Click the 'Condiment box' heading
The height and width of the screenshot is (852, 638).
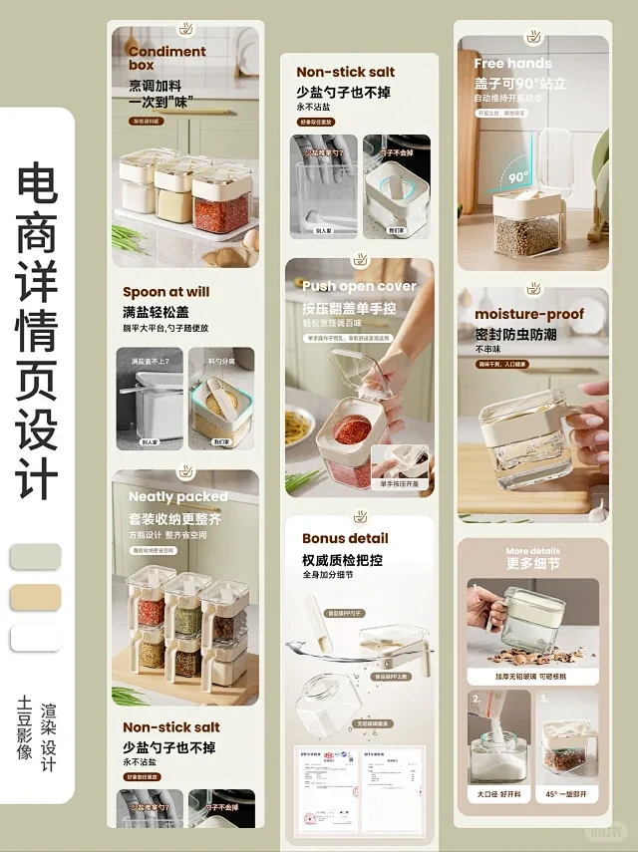(x=166, y=58)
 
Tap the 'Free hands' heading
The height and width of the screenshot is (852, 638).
(x=512, y=64)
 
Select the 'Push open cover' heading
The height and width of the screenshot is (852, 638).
(x=359, y=286)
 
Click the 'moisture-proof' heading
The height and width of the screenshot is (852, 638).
(x=528, y=315)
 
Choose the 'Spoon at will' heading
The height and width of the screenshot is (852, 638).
(x=165, y=292)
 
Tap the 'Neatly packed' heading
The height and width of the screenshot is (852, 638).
(x=177, y=496)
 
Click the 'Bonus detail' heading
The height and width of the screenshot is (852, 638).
(x=345, y=538)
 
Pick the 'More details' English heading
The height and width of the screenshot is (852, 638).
(x=532, y=551)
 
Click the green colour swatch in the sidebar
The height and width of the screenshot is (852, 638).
(x=35, y=556)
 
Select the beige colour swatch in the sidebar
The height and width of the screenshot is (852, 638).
(x=35, y=597)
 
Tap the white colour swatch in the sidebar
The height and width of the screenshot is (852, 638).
(x=35, y=638)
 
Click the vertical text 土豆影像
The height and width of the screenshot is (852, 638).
(x=25, y=728)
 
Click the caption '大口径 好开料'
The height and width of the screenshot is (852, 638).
(x=498, y=794)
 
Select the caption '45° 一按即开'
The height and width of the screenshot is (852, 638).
(x=566, y=794)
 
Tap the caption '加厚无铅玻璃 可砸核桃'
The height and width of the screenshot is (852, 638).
(x=532, y=676)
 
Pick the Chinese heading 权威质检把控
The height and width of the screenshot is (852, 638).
(x=342, y=560)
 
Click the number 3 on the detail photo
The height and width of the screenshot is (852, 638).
(x=544, y=700)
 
